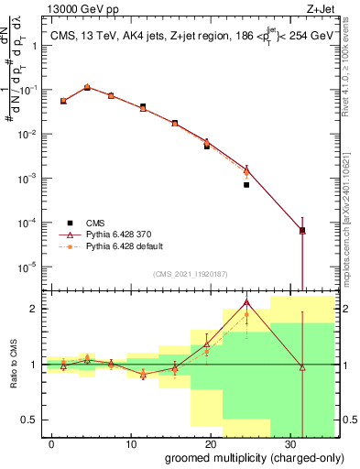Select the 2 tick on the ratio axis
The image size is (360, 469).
point(37,309)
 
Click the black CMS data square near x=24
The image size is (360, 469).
point(246,185)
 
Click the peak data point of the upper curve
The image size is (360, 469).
point(87,87)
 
